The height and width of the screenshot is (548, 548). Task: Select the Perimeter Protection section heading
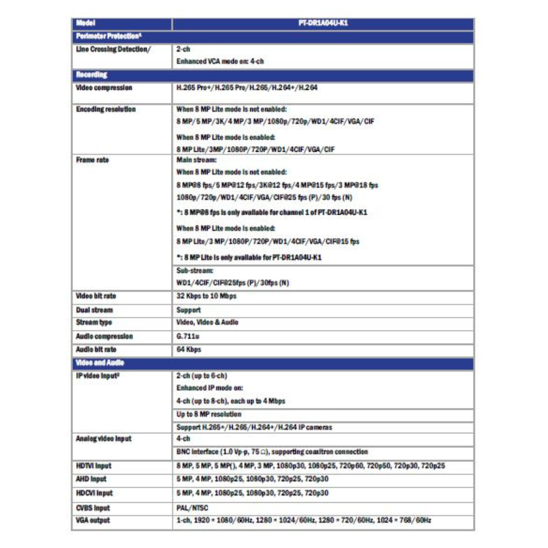tap(109, 37)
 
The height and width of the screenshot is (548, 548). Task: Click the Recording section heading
tap(92, 75)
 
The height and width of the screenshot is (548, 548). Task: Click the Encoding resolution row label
tap(106, 109)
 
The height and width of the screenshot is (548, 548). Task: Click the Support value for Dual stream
tap(189, 310)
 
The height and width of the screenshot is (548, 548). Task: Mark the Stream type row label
tap(94, 323)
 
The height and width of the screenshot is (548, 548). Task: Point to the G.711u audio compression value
tap(186, 336)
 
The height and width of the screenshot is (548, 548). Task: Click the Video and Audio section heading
tap(100, 363)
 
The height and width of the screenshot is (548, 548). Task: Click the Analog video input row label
tap(104, 439)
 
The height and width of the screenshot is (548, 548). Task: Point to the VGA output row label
tap(93, 520)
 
